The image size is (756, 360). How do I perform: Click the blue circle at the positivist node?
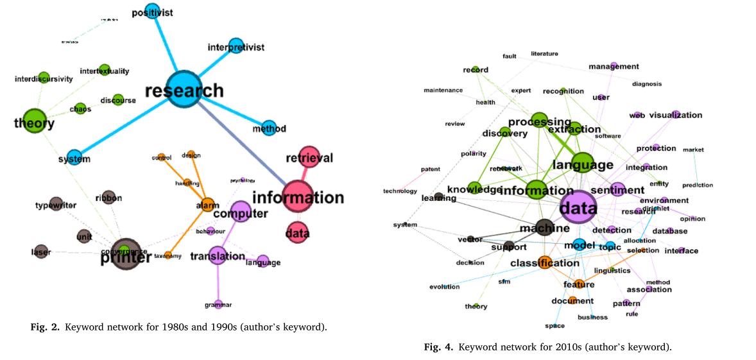point(152,11)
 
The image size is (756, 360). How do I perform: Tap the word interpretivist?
point(236,47)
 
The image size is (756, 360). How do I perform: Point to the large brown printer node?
point(125,254)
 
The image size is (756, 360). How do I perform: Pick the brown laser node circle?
point(41,251)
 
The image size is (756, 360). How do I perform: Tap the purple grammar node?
point(218,304)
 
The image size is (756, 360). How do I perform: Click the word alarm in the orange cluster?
point(208,206)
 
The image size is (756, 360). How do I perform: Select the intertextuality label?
point(105,71)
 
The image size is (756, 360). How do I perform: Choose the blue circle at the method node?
point(269,128)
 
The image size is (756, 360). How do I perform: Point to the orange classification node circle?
point(545,262)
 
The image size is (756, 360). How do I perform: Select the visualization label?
point(675,116)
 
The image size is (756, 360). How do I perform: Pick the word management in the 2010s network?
point(614,66)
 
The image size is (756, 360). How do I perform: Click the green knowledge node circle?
point(474,188)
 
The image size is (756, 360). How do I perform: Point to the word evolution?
point(444,287)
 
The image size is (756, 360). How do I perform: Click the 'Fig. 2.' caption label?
point(44,327)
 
